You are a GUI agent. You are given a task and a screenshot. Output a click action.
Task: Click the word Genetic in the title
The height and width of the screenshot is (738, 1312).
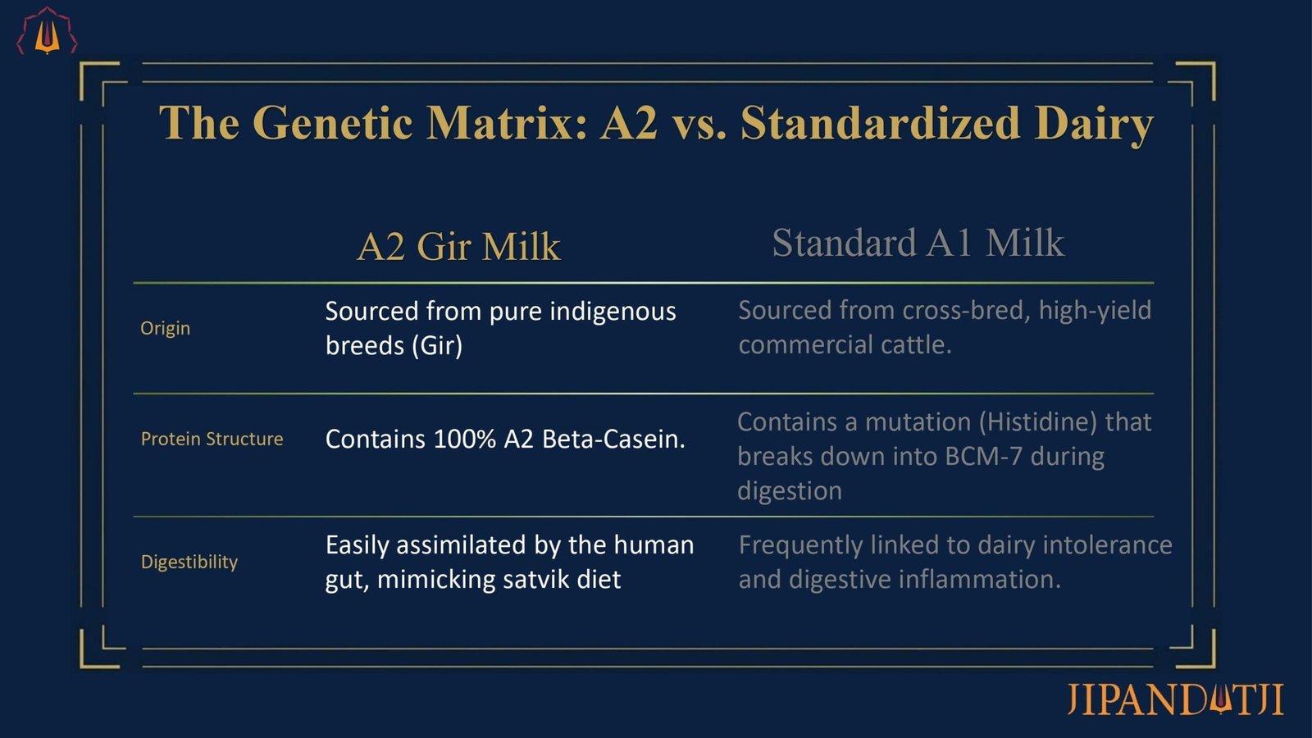[x=332, y=122]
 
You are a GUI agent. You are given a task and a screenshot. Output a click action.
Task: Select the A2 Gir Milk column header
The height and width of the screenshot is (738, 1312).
[x=458, y=246]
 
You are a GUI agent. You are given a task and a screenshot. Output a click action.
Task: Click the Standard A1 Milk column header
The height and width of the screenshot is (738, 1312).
[x=918, y=243]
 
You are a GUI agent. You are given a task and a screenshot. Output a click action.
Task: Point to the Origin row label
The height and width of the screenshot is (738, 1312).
[x=165, y=329]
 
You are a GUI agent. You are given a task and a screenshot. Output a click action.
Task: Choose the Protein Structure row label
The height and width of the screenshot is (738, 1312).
[x=212, y=439]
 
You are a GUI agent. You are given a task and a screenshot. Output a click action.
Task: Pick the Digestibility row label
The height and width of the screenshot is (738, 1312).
[x=189, y=563]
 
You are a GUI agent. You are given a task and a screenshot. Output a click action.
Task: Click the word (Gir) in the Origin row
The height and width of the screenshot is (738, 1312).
[x=437, y=345]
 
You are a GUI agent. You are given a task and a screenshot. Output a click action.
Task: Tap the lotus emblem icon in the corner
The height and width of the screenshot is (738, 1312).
[x=47, y=31]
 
